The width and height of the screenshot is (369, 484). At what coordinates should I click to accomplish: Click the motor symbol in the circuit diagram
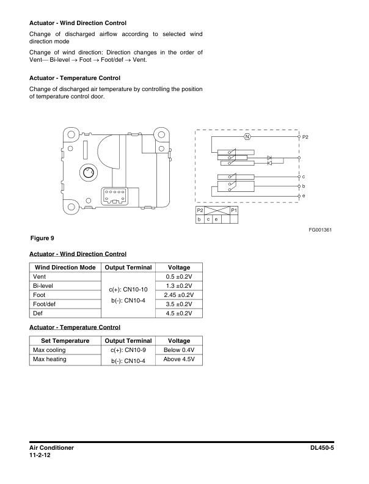247,137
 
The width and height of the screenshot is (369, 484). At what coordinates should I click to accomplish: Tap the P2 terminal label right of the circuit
305,137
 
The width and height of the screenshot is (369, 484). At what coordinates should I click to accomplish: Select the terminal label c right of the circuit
304,176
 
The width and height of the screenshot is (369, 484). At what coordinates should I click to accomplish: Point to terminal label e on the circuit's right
304,195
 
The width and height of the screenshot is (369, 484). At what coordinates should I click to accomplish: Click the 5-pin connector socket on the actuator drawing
115,196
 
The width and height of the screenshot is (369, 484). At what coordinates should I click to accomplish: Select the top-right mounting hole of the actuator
161,136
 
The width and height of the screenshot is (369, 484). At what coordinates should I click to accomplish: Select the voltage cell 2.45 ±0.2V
179,295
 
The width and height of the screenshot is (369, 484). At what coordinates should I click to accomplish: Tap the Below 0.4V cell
179,350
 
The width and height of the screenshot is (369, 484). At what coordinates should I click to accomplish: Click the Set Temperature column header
65,340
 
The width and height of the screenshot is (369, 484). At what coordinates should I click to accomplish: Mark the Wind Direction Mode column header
65,268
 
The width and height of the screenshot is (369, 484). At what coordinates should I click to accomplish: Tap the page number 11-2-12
42,456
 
